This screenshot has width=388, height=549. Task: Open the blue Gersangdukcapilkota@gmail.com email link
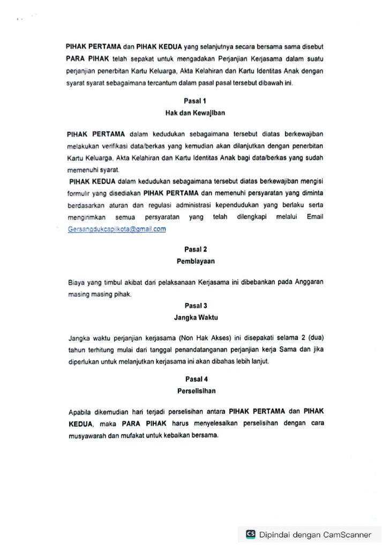[117, 229]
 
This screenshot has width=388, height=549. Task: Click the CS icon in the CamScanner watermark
[250, 534]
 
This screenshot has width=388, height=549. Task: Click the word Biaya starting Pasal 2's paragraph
[77, 282]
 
